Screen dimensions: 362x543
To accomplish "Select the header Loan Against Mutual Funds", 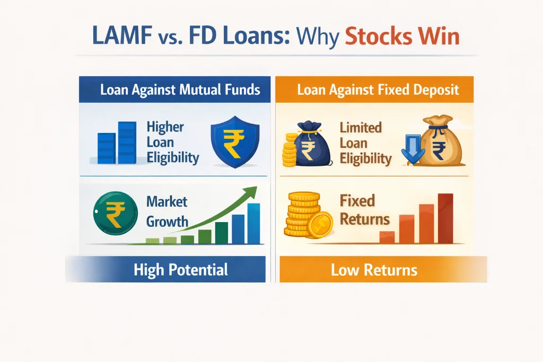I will click(180, 89).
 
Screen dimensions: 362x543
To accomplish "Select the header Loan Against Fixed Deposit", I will click(378, 89).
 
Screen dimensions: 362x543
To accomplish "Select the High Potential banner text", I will click(180, 270).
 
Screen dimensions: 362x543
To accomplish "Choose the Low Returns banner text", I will click(374, 270).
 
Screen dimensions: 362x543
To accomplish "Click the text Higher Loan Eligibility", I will click(165, 142).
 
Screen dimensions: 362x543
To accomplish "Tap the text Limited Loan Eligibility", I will click(366, 143).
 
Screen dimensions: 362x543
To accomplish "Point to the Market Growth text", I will click(167, 211).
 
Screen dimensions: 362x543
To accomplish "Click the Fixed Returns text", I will click(365, 210).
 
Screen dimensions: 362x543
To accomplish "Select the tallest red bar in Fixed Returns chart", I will click(446, 218).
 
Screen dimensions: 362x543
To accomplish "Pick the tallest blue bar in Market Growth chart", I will click(253, 223).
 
